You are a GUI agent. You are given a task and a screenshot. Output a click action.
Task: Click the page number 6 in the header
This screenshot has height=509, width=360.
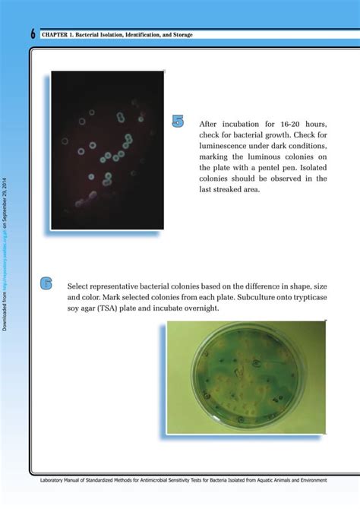click(33, 35)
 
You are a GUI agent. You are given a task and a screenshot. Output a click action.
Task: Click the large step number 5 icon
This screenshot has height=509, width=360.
click(178, 121)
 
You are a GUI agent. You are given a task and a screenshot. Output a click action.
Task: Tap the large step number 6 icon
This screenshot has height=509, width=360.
click(46, 283)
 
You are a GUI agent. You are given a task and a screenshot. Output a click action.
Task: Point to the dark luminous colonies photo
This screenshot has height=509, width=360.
click(107, 150)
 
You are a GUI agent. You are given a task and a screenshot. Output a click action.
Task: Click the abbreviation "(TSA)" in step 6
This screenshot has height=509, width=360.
click(117, 309)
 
